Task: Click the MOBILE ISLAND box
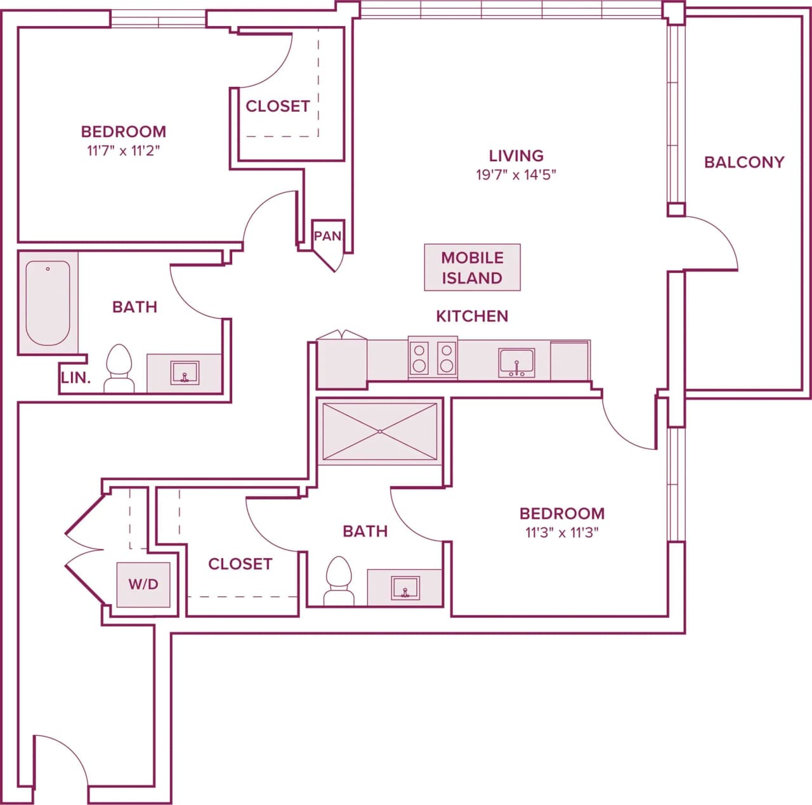[x=472, y=268]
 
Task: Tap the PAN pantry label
[x=327, y=236]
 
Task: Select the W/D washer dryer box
[x=143, y=584]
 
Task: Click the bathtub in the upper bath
[x=48, y=303]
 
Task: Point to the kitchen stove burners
[x=433, y=358]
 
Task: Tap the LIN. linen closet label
[x=76, y=378]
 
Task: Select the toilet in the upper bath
[x=119, y=369]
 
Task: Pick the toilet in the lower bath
[x=339, y=581]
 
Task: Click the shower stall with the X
[x=379, y=431]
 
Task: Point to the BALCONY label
[x=744, y=162]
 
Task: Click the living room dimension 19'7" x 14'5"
[x=516, y=175]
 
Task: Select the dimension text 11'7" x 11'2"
[x=123, y=151]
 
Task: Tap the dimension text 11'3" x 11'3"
[x=561, y=533]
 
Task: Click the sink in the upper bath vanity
[x=185, y=373]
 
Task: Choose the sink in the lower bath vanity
[x=405, y=587]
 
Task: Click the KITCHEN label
[x=472, y=316]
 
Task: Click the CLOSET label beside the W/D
[x=240, y=564]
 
